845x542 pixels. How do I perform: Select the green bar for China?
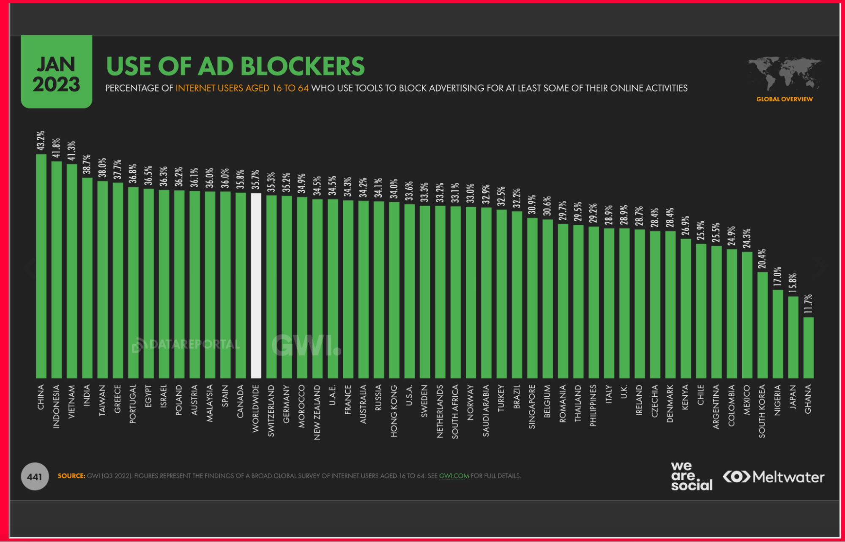[41, 266]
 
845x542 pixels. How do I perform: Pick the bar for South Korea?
[762, 325]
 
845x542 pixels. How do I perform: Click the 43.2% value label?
[41, 141]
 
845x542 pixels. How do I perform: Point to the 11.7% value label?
[808, 304]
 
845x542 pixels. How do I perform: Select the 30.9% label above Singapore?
[532, 204]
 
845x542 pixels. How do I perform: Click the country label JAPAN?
[793, 397]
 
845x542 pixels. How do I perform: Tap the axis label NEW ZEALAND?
[317, 412]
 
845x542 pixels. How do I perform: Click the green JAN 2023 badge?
[57, 72]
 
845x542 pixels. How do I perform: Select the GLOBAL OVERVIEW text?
[784, 99]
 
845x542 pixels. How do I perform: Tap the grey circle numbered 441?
[35, 477]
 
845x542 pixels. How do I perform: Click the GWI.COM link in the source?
[454, 476]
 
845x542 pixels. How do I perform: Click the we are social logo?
[691, 476]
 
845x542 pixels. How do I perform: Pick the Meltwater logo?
[774, 477]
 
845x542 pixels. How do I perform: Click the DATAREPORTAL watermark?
[186, 345]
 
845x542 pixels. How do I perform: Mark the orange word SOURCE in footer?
[71, 476]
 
